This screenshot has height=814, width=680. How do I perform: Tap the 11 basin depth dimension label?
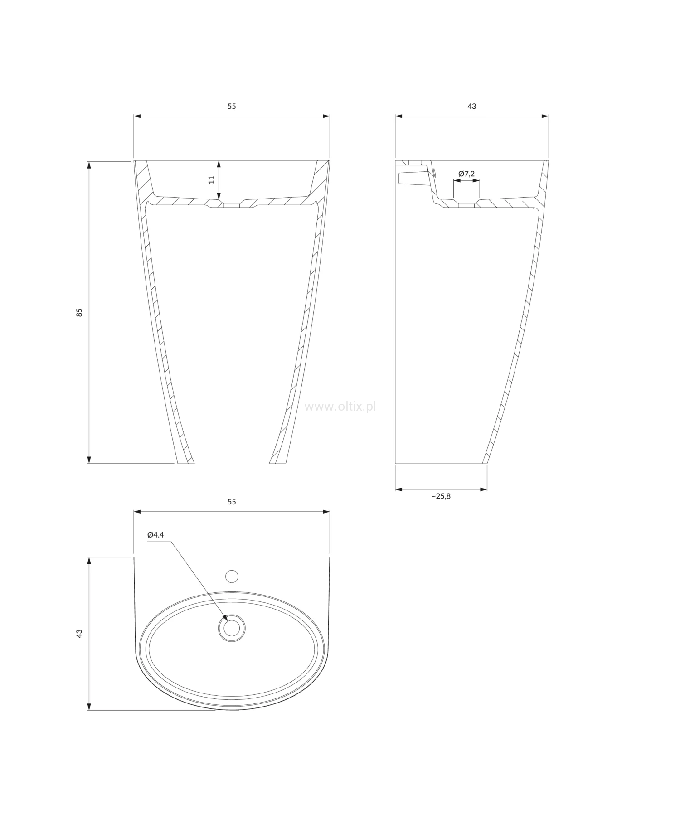(x=211, y=180)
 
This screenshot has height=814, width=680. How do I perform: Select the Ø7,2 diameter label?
(x=466, y=173)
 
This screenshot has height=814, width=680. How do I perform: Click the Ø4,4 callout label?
(x=155, y=535)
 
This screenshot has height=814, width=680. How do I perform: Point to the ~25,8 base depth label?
(x=441, y=496)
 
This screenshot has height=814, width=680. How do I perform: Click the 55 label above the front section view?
(x=232, y=106)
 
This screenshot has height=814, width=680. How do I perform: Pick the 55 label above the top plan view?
(x=232, y=502)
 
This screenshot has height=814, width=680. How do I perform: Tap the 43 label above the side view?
(x=472, y=106)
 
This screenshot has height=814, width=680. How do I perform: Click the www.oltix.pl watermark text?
(x=340, y=407)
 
